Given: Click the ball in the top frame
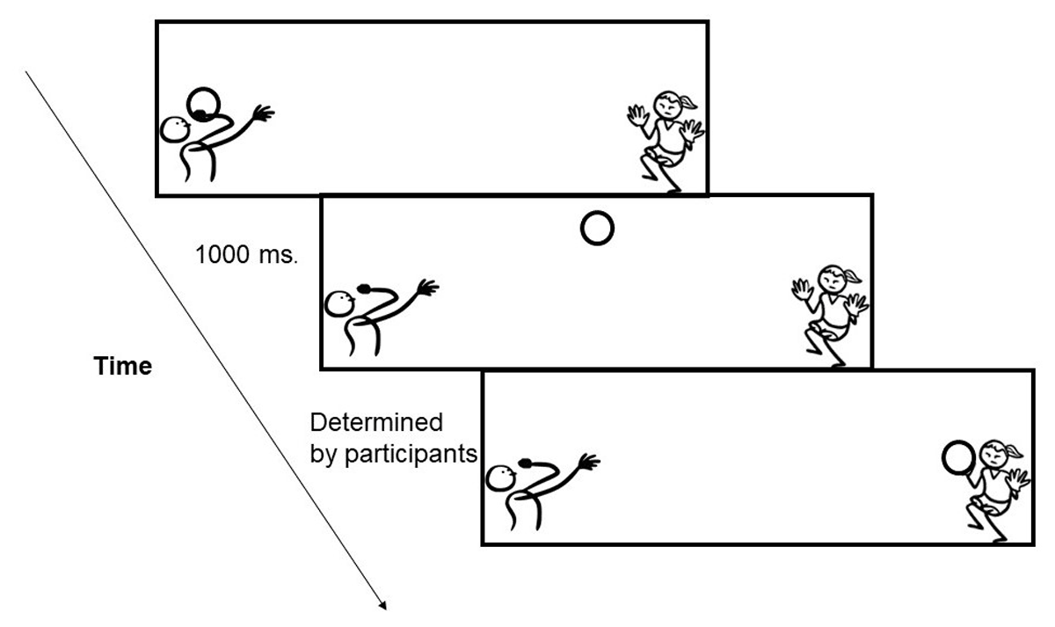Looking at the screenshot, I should pos(205,103).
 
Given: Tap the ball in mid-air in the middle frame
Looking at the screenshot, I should pos(597,229).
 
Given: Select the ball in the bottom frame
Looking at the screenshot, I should pos(958,457).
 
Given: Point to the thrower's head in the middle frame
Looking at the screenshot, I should pos(338,304).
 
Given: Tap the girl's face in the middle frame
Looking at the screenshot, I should pos(832,282).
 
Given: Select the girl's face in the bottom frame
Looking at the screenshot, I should pos(993,456).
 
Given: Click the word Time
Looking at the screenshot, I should pos(123,367).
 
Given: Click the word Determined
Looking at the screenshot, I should pos(376,423).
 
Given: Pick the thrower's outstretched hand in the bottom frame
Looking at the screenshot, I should pos(589,461).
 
